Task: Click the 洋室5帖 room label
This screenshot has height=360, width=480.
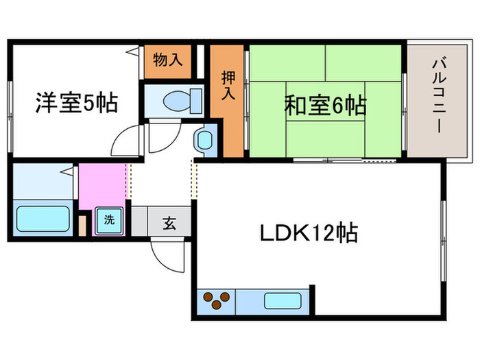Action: point(76,104)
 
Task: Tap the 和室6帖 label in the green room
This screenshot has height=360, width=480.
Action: point(324,106)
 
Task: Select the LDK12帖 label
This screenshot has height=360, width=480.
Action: point(308,234)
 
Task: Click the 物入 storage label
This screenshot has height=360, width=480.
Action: point(168,60)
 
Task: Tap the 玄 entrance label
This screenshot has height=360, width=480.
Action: point(169,221)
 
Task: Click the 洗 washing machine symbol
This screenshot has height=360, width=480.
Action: point(110,221)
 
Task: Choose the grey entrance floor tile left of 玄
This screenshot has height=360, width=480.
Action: point(139,221)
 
